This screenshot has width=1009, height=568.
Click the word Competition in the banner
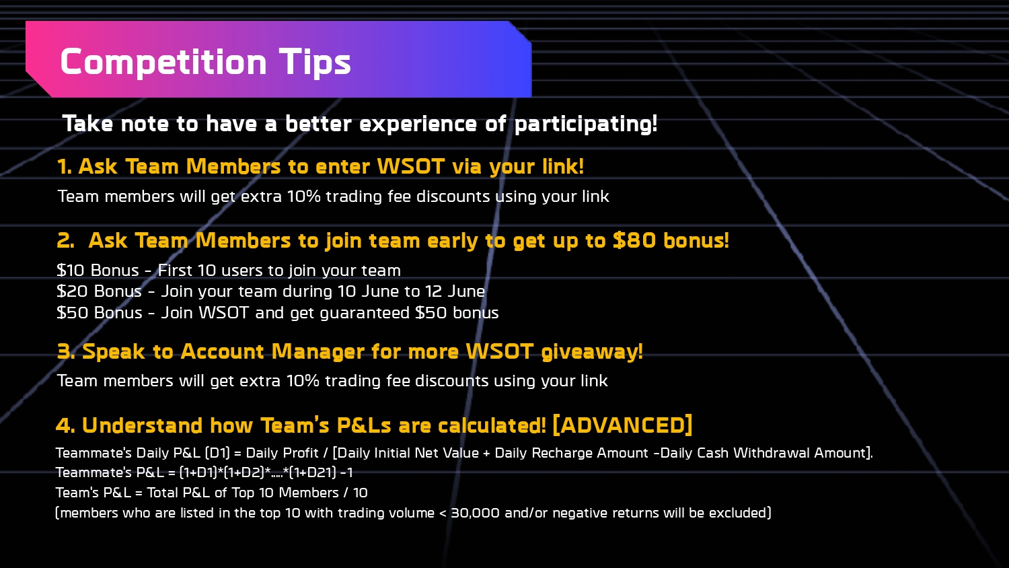click(x=163, y=62)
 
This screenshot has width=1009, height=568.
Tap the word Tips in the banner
click(x=315, y=62)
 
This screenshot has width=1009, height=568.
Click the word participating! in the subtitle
click(x=586, y=124)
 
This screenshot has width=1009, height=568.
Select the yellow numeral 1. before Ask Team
click(x=65, y=166)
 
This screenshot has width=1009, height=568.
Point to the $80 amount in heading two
click(x=634, y=240)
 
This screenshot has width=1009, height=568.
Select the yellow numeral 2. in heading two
click(x=66, y=240)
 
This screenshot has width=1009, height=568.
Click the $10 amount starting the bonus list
click(x=70, y=270)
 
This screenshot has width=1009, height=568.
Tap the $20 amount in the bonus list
click(x=72, y=291)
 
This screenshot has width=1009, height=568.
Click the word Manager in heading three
click(x=317, y=351)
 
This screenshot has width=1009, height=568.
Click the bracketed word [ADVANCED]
click(x=622, y=425)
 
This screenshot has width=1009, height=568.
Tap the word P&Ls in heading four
click(x=364, y=425)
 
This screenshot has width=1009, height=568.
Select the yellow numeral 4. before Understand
click(x=65, y=425)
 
